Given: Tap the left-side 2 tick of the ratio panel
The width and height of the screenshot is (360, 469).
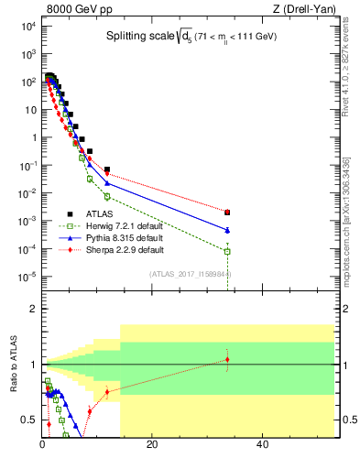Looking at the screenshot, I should pyautogui.click(x=33, y=309).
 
